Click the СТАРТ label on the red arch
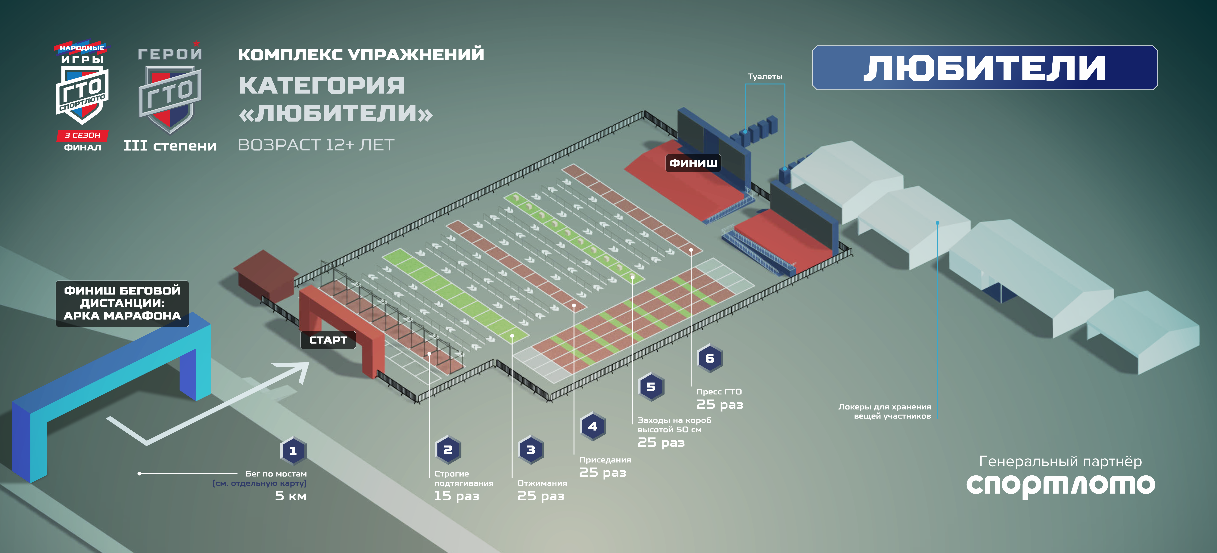tap(328, 340)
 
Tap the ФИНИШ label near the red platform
tap(693, 163)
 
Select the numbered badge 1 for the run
tap(293, 451)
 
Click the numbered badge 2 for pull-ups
tap(448, 450)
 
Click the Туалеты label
tap(765, 76)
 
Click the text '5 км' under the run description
tap(291, 496)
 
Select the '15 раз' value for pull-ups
tap(456, 496)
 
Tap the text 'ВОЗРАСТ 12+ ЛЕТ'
tap(316, 145)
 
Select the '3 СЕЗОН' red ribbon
tap(83, 135)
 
